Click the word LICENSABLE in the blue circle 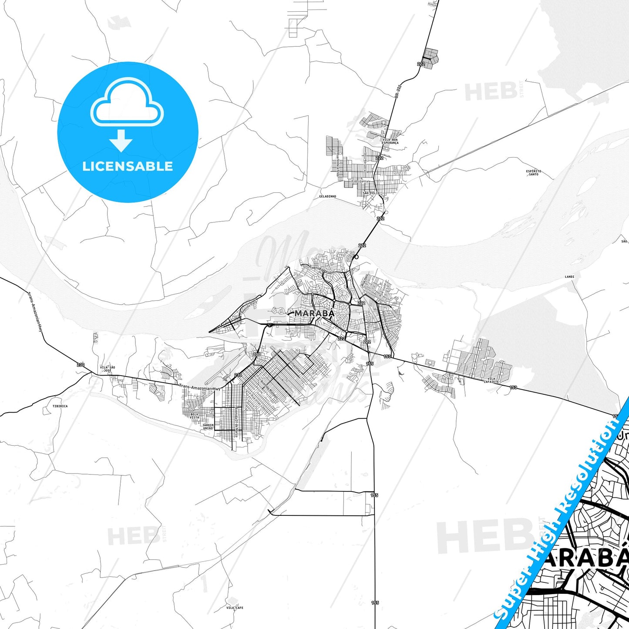(x=128, y=166)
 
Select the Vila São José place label (x=108, y=369)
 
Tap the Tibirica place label (x=60, y=406)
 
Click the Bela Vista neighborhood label (x=194, y=416)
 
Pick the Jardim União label (x=208, y=427)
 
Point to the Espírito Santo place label (x=533, y=172)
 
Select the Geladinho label (x=328, y=196)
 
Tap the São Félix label (x=371, y=193)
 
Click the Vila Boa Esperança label (x=390, y=141)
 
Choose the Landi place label (x=569, y=276)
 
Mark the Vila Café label (x=235, y=608)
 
